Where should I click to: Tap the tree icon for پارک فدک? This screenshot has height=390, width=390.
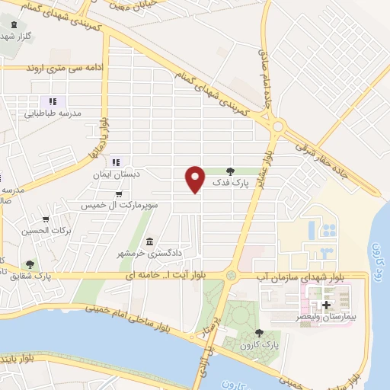tap(231, 171)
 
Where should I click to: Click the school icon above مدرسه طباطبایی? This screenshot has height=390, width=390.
tap(53, 101)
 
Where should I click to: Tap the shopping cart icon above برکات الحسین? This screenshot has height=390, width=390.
tap(46, 219)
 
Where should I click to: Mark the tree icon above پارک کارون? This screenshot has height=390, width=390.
tap(260, 333)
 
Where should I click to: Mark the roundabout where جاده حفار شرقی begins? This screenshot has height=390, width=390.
tap(278, 126)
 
